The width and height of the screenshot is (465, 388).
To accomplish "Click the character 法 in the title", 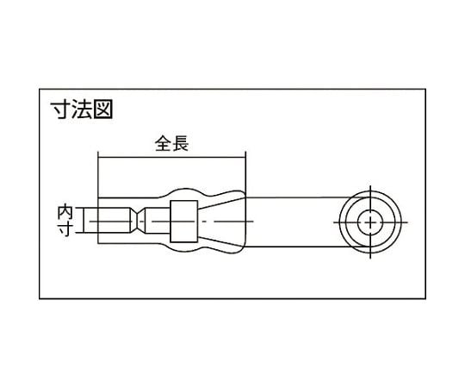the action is click(x=82, y=110).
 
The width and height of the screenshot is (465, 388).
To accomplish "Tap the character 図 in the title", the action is click(x=103, y=110).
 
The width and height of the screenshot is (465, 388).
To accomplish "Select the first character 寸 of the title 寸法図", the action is click(x=60, y=110).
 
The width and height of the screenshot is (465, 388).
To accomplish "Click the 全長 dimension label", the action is click(x=171, y=143).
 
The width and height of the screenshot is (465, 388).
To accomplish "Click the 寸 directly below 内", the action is click(x=65, y=228).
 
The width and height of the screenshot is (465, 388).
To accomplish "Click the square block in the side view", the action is click(x=184, y=222).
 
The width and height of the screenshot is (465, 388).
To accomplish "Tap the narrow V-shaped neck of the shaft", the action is click(x=138, y=222).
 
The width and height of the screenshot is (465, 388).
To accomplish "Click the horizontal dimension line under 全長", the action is click(x=171, y=158).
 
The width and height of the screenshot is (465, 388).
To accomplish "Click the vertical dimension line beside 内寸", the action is click(x=84, y=221).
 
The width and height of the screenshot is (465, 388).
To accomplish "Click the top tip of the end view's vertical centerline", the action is click(x=370, y=185).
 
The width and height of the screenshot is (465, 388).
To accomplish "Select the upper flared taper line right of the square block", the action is click(x=221, y=203).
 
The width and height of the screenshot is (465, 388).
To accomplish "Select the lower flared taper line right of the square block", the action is click(x=221, y=240).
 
